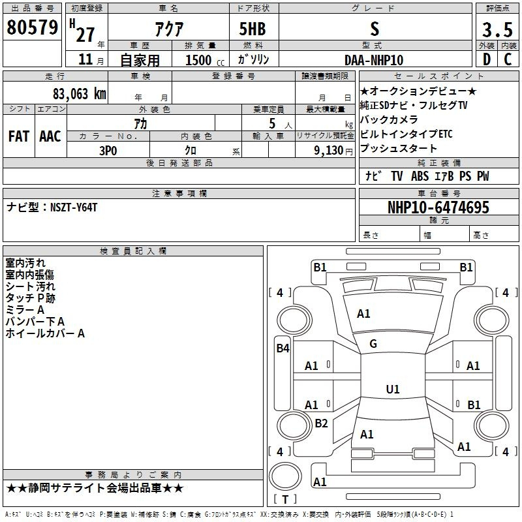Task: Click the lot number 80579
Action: [32, 27]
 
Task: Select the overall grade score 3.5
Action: [497, 29]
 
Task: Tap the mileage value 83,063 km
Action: [79, 94]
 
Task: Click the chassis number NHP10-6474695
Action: [438, 207]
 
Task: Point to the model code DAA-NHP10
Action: [374, 60]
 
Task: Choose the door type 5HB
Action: [253, 29]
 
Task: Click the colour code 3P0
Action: [108, 151]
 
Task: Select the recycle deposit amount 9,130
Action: [329, 151]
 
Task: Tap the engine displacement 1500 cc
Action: [205, 60]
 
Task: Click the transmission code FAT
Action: [19, 136]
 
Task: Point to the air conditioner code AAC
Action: [50, 136]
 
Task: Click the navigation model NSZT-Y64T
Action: [74, 207]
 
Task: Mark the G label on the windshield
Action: [373, 344]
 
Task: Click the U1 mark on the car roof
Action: [393, 389]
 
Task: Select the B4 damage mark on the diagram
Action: [283, 348]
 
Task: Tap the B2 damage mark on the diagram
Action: [321, 423]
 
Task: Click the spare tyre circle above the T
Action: [285, 476]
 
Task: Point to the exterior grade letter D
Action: [487, 59]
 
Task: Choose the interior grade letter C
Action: [508, 59]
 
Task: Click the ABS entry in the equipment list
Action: [420, 176]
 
